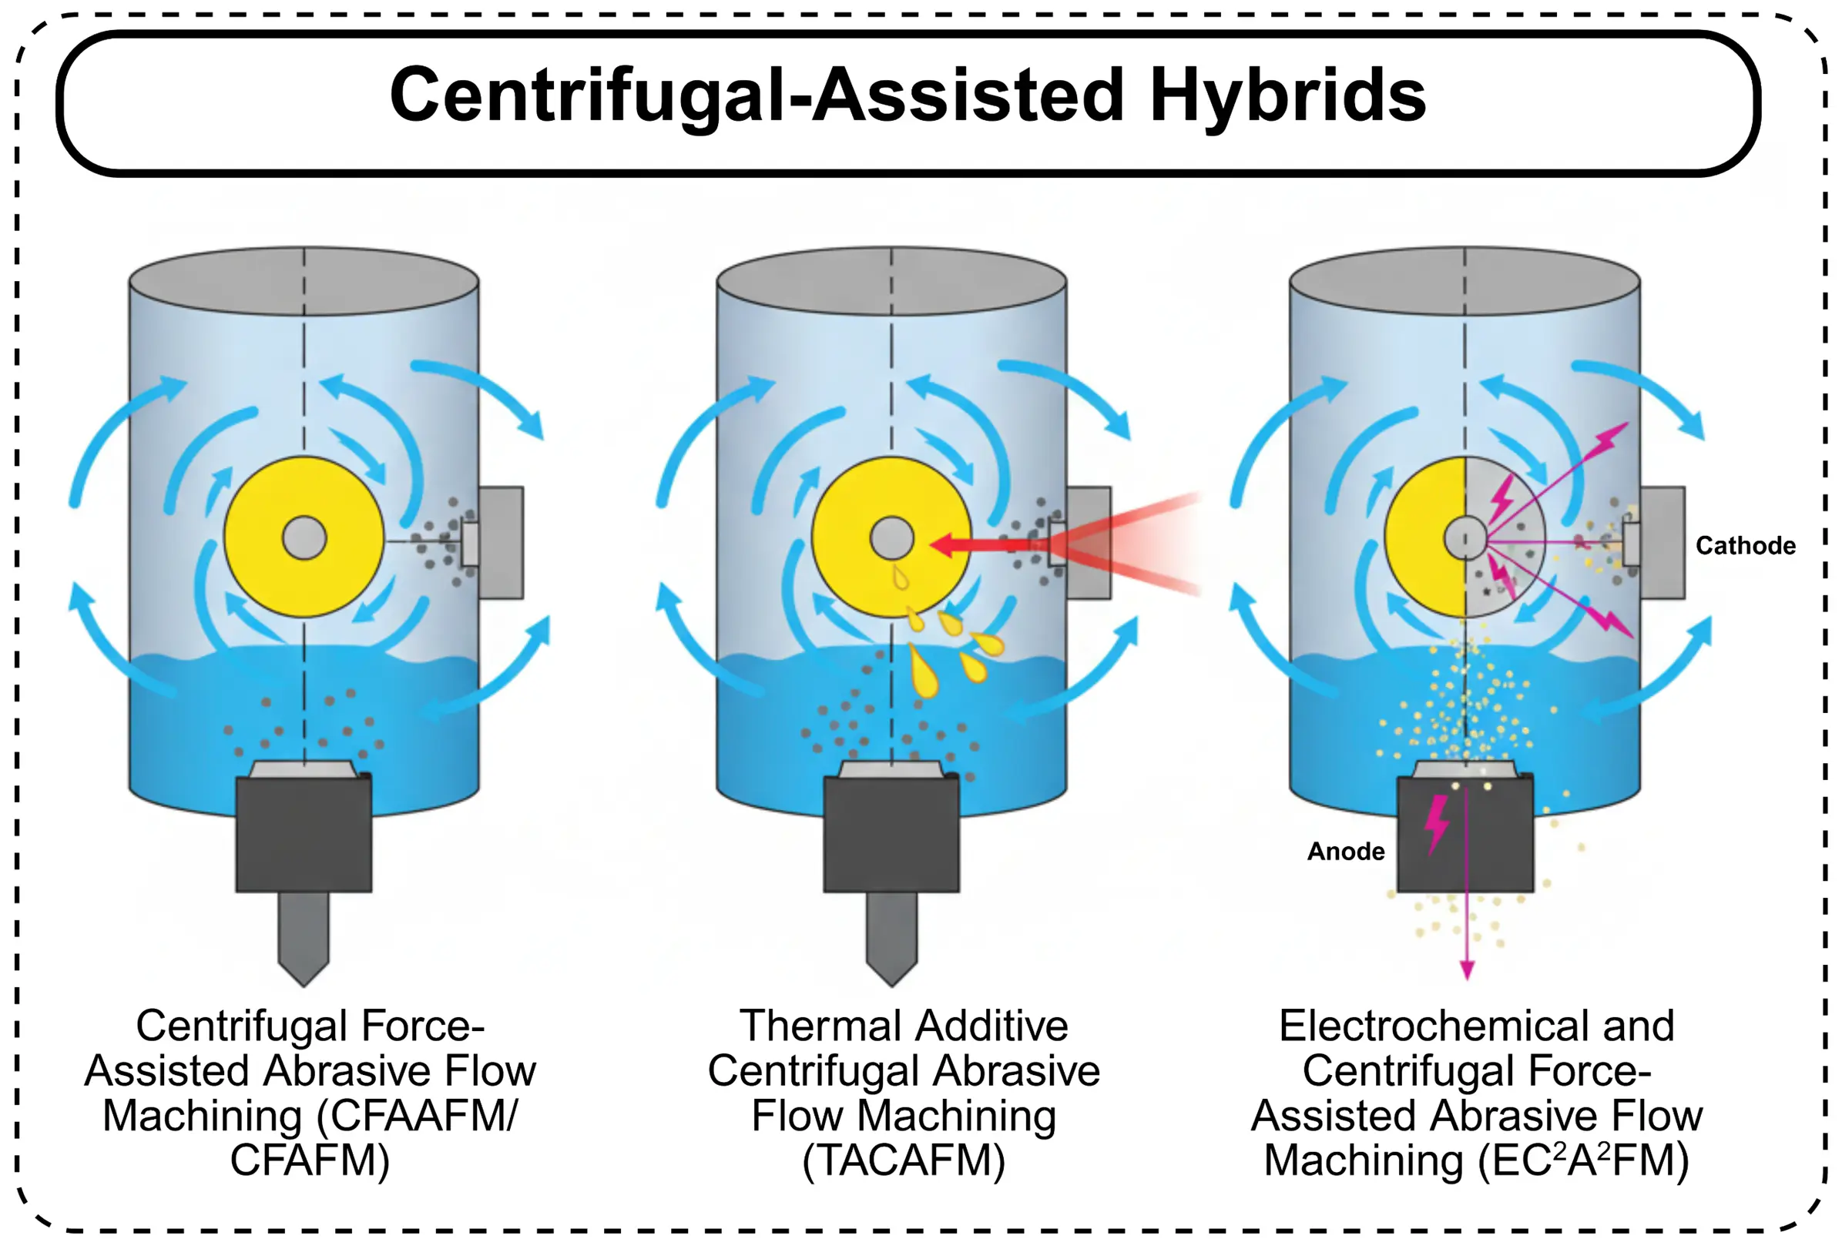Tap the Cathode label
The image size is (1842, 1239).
pyautogui.click(x=1745, y=545)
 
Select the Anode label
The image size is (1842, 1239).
pyautogui.click(x=1346, y=851)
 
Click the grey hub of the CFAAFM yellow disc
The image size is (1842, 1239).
pyautogui.click(x=304, y=538)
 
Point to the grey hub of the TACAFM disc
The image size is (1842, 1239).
pyautogui.click(x=892, y=538)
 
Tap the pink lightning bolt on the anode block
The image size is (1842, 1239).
pyautogui.click(x=1437, y=824)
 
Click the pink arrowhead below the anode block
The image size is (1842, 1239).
pyautogui.click(x=1468, y=969)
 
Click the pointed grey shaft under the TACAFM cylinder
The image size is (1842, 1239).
pyautogui.click(x=892, y=936)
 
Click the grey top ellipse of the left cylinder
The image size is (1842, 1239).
pyautogui.click(x=304, y=281)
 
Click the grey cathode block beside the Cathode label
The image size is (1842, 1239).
pyautogui.click(x=1662, y=542)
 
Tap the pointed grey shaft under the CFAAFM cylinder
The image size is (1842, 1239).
pyautogui.click(x=304, y=936)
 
